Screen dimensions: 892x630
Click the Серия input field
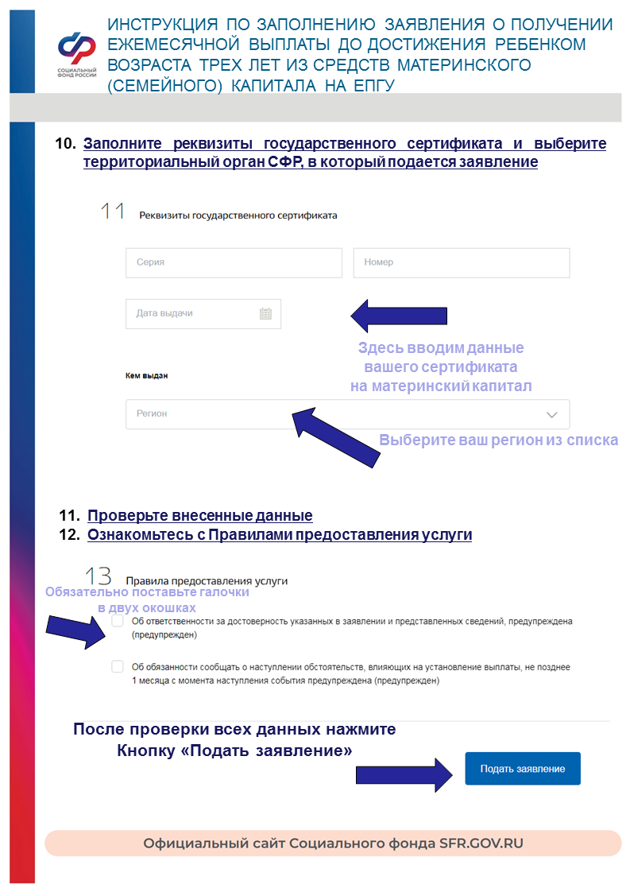point(234,262)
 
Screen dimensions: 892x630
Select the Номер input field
point(461,262)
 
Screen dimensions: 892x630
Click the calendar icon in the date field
point(266,313)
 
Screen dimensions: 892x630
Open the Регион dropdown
point(347,414)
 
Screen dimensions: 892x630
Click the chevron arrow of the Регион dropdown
point(553,414)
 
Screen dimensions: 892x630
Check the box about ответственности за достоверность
point(118,620)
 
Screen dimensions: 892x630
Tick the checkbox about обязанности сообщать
point(118,666)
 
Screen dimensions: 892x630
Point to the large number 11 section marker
point(113,211)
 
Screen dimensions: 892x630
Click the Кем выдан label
point(147,375)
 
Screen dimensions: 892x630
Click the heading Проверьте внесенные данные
point(199,515)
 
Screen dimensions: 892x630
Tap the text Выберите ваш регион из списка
point(498,440)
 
